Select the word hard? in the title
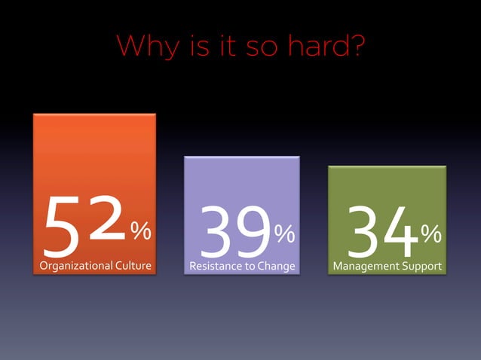tap(325, 47)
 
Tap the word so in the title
tap(263, 47)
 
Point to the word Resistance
tap(213, 266)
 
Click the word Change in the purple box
tap(274, 266)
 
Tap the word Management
tap(367, 266)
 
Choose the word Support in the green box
tap(422, 266)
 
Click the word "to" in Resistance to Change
tap(247, 266)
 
